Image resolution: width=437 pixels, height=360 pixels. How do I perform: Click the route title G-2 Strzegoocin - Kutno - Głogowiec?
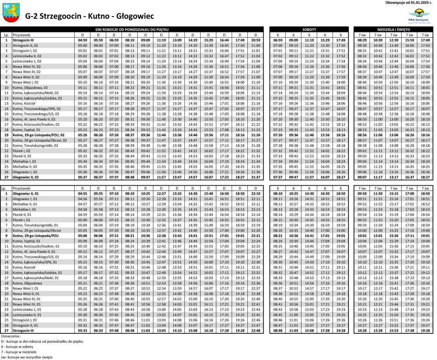pos(90,16)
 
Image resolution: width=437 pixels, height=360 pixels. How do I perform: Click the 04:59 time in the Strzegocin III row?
pos(82,40)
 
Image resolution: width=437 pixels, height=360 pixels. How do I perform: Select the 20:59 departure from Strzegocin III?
pos(256,40)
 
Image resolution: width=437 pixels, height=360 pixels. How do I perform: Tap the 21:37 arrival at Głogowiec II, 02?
pos(256,177)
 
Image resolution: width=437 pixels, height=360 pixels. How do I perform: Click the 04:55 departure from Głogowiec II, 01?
pos(82,193)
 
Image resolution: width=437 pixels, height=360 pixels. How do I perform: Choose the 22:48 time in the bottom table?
pos(256,331)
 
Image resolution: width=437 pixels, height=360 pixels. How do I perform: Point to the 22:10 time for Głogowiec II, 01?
pos(256,193)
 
